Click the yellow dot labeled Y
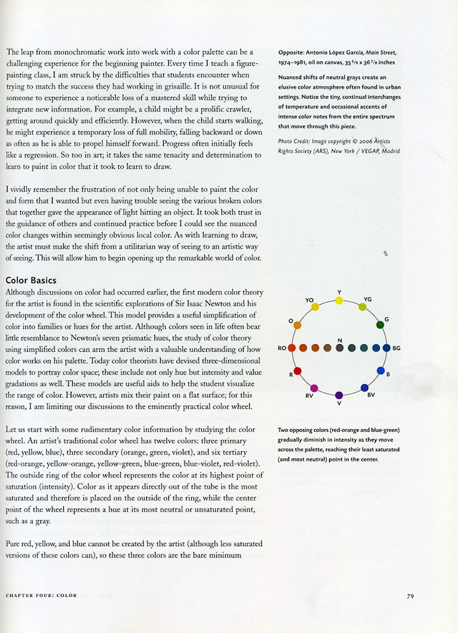pyautogui.click(x=339, y=300)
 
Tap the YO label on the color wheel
pyautogui.click(x=309, y=299)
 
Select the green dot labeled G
pyautogui.click(x=380, y=325)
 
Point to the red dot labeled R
pyautogui.click(x=298, y=371)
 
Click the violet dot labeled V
pyautogui.click(x=339, y=395)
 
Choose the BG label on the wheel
pyautogui.click(x=397, y=348)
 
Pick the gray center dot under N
pyautogui.click(x=340, y=348)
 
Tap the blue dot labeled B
pyautogui.click(x=381, y=371)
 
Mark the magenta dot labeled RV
pyautogui.click(x=314, y=388)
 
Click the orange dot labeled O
pyautogui.click(x=297, y=325)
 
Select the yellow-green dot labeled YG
pyautogui.click(x=362, y=307)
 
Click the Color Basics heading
pyautogui.click(x=31, y=280)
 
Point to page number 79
pyautogui.click(x=411, y=596)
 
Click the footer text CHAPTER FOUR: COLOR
pyautogui.click(x=41, y=596)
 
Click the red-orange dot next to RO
pyautogui.click(x=292, y=348)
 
